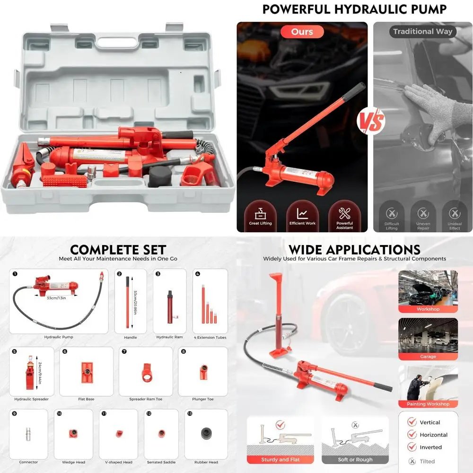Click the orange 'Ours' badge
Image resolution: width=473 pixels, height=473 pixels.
pyautogui.click(x=302, y=32)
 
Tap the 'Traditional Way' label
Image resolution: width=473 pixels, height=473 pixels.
pyautogui.click(x=422, y=32)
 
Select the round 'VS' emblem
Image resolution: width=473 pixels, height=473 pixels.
pyautogui.click(x=370, y=122)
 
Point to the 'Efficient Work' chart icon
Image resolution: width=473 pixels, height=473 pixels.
pyautogui.click(x=302, y=213)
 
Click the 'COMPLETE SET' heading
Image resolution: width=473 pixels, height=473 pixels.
pyautogui.click(x=118, y=250)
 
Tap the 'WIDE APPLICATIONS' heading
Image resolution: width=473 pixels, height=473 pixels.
pyautogui.click(x=354, y=250)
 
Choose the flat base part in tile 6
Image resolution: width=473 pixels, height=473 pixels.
pyautogui.click(x=86, y=372)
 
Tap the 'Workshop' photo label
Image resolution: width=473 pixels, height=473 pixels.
pyautogui.click(x=428, y=309)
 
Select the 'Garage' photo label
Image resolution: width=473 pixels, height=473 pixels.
pyautogui.click(x=428, y=357)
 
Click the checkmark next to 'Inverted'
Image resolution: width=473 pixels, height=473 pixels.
pyautogui.click(x=412, y=447)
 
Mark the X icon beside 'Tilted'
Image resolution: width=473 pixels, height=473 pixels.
pyautogui.click(x=412, y=461)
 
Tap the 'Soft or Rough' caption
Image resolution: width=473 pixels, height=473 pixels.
pyautogui.click(x=355, y=460)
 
